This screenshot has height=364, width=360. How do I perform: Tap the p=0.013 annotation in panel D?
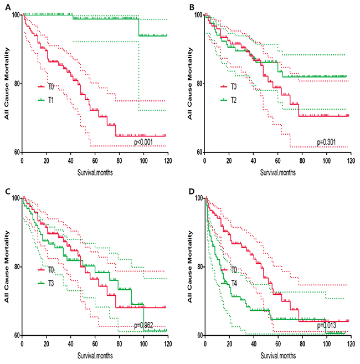tap(328, 326)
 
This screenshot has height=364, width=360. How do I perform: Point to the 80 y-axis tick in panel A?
tap(15, 84)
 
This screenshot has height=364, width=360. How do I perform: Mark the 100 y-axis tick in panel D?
tap(197, 198)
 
